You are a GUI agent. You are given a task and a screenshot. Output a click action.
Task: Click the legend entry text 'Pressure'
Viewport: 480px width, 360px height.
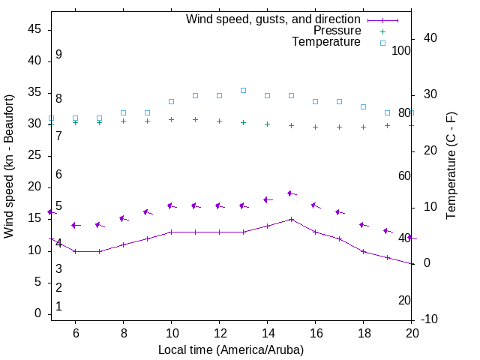tap(337, 31)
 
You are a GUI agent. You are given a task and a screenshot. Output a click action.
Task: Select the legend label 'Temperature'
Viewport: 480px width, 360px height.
tap(326, 42)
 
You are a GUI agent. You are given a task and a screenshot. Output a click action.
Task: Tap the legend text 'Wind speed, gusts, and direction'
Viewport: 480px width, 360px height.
tap(274, 19)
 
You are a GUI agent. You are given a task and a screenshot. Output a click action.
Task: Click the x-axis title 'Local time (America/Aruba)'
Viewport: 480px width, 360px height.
tap(231, 349)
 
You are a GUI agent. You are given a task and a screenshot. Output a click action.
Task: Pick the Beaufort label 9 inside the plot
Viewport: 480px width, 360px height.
tap(58, 55)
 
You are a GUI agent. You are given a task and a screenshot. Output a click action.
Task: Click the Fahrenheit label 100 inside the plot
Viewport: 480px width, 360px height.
tap(401, 50)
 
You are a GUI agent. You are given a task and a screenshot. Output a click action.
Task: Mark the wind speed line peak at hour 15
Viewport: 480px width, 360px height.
tap(291, 219)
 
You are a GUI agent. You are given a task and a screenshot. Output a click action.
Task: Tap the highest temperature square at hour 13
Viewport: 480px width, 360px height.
tap(243, 90)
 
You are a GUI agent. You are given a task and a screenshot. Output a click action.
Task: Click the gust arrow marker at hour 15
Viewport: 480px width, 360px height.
tap(291, 193)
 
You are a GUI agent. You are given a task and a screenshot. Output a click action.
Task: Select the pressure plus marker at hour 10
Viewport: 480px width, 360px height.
tap(171, 119)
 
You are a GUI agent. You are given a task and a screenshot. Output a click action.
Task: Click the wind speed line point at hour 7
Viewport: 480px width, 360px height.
tap(99, 251)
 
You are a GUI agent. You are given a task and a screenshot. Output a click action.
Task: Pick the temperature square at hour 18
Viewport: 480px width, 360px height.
tap(363, 106)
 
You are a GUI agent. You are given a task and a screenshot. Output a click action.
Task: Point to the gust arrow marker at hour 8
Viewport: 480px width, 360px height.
tap(123, 218)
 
